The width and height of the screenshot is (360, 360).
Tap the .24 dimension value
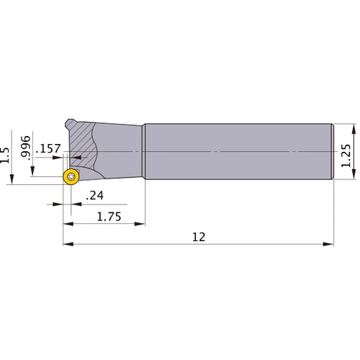94,196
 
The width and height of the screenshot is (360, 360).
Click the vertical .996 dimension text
27,147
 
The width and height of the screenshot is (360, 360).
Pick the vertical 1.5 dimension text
6,156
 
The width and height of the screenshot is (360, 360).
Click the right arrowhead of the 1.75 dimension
142,224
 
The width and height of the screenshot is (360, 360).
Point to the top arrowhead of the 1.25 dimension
354,127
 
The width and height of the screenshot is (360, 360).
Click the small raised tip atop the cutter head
70,121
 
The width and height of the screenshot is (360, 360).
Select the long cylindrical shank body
238,153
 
